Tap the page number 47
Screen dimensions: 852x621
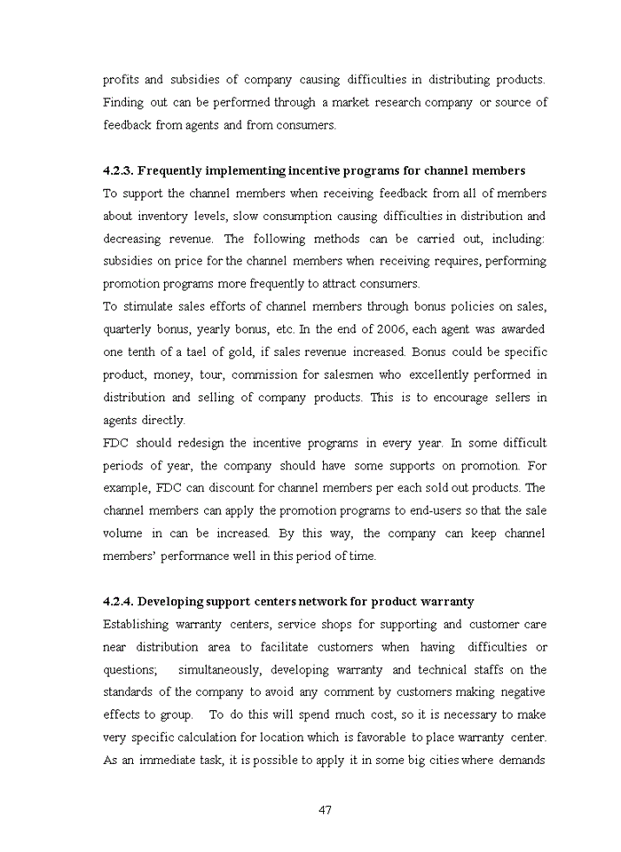325,809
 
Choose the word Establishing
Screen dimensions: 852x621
138,624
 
